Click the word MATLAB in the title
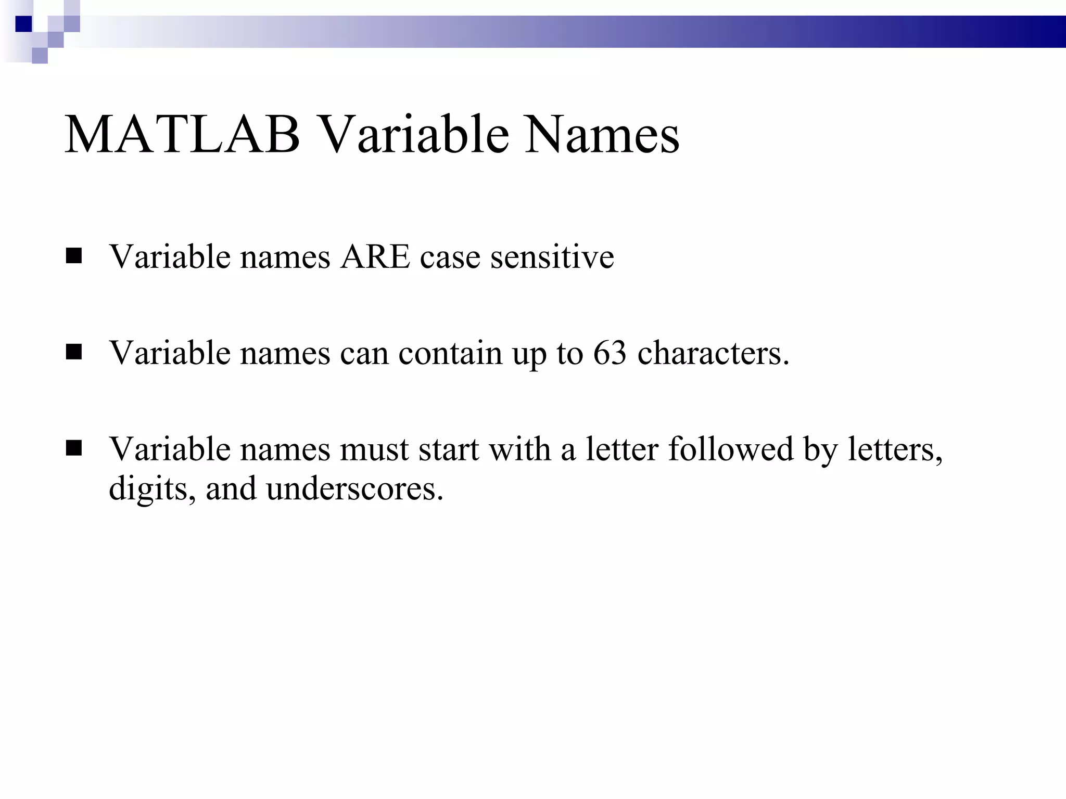182,135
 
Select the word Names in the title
602,135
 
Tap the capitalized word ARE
375,256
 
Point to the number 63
610,353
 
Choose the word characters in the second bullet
713,353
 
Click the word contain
450,353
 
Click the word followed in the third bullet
731,448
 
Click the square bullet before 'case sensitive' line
74,256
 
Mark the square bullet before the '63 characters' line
74,353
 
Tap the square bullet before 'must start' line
74,448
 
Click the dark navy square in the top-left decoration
23,24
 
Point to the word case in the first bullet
450,256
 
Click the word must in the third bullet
374,448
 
